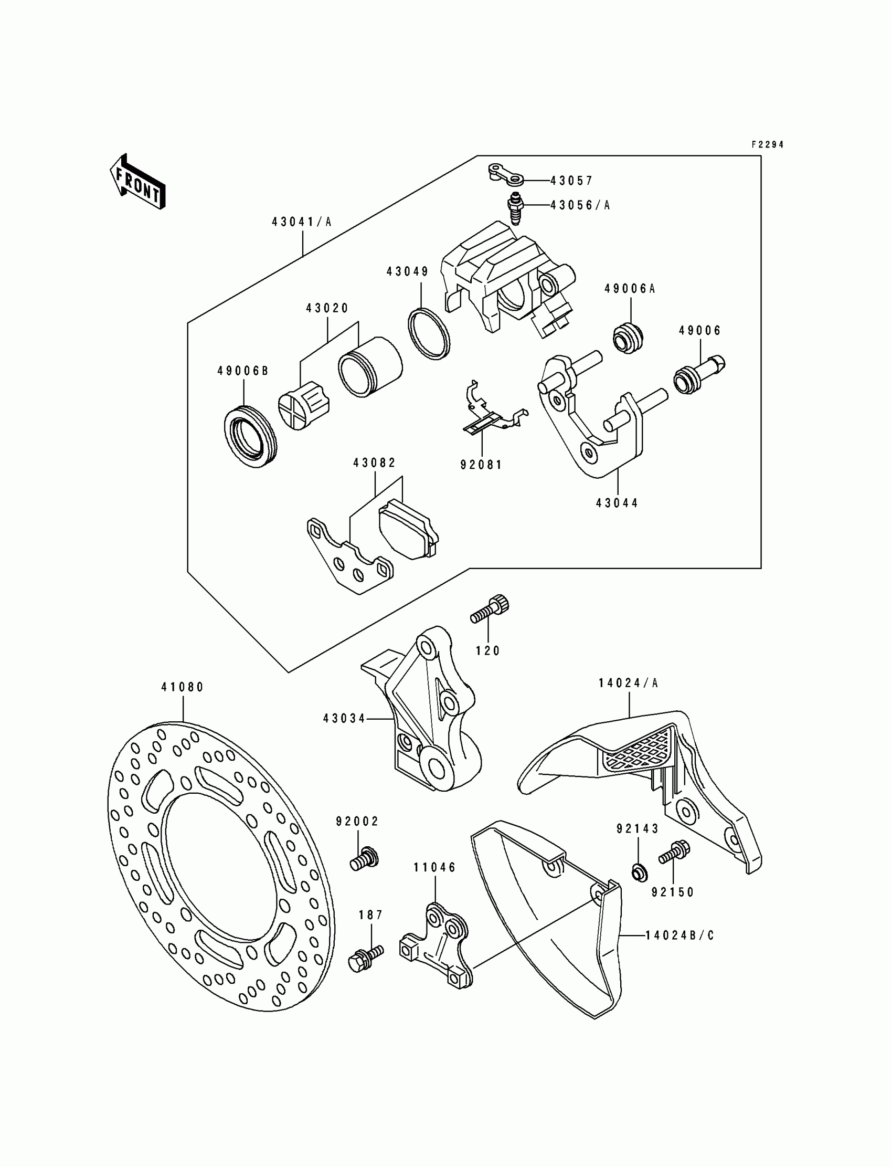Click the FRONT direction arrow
click(x=137, y=182)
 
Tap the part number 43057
click(x=571, y=181)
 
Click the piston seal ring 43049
click(x=429, y=333)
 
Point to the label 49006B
click(x=242, y=371)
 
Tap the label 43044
click(x=617, y=503)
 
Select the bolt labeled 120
click(x=490, y=611)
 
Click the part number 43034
click(x=344, y=719)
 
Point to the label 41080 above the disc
click(x=183, y=687)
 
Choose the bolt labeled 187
click(x=366, y=957)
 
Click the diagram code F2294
click(x=767, y=144)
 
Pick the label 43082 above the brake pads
click(x=374, y=463)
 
